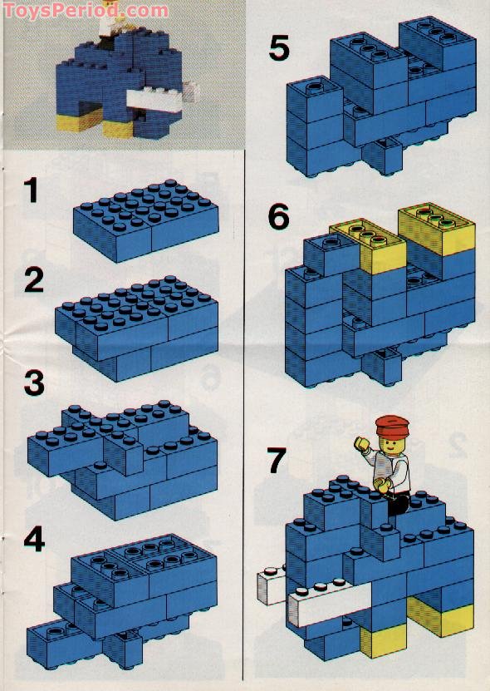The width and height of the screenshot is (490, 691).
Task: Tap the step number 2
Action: tap(33, 279)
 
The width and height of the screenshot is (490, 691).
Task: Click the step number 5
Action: tap(279, 49)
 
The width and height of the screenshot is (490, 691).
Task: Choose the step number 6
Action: tap(279, 218)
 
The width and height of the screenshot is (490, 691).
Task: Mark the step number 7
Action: tap(279, 458)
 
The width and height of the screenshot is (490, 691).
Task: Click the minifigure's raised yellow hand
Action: tap(362, 443)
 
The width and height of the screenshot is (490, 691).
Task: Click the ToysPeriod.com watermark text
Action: tap(86, 11)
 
